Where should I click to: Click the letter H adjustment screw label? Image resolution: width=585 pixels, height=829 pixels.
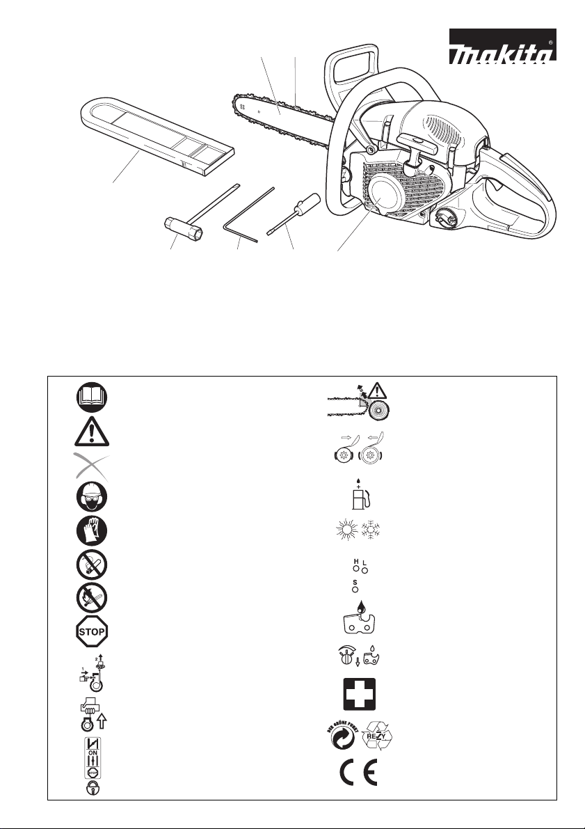pyautogui.click(x=356, y=560)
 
